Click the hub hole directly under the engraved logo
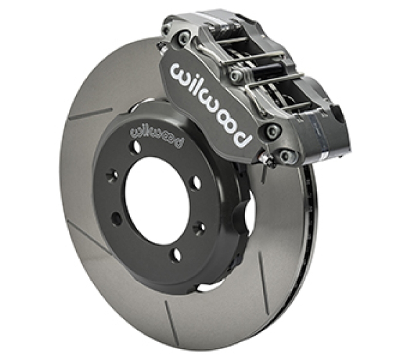point(137,146)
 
